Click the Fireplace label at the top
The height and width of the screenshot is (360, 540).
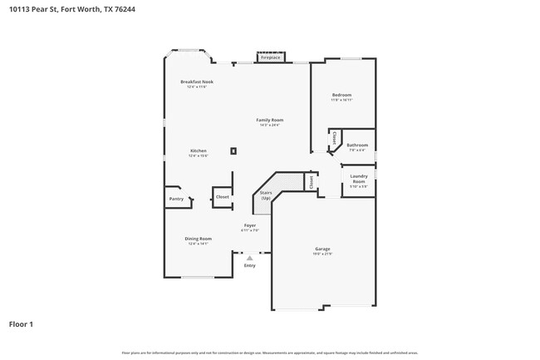pyautogui.click(x=271, y=57)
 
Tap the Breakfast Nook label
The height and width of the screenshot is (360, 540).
pyautogui.click(x=197, y=81)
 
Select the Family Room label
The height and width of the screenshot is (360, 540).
pyautogui.click(x=270, y=120)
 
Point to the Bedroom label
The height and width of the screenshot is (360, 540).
pyautogui.click(x=341, y=95)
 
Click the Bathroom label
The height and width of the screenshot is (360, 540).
pyautogui.click(x=357, y=145)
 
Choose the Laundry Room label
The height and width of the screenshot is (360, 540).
pyautogui.click(x=359, y=178)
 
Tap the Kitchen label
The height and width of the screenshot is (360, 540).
pyautogui.click(x=198, y=150)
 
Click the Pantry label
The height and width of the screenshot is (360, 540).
pyautogui.click(x=176, y=199)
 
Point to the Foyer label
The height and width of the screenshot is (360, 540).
pyautogui.click(x=249, y=225)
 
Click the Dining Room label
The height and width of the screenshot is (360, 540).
pyautogui.click(x=198, y=239)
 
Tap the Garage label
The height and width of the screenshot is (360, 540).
pyautogui.click(x=322, y=249)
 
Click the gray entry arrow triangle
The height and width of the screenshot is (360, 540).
pyautogui.click(x=249, y=258)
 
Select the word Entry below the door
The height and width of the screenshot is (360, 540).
pyautogui.click(x=249, y=265)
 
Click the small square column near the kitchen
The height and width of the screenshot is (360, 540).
pyautogui.click(x=234, y=150)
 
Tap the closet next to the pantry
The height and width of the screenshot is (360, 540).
pyautogui.click(x=222, y=197)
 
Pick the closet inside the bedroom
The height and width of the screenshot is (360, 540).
pyautogui.click(x=334, y=138)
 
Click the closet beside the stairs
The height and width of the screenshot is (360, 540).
pyautogui.click(x=311, y=182)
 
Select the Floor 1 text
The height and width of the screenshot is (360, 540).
pyautogui.click(x=22, y=323)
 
